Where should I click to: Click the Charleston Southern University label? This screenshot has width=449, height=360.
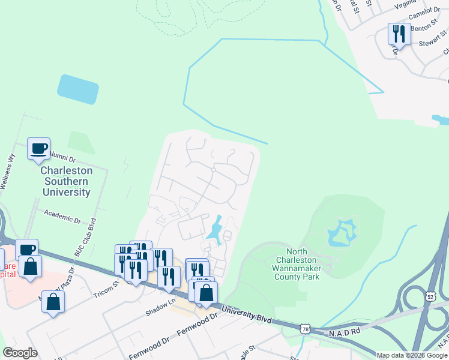[66, 181]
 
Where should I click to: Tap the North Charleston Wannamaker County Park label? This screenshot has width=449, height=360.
[297, 264]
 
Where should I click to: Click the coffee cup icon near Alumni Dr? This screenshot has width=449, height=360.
[39, 148]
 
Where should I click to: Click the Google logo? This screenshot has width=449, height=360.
[20, 353]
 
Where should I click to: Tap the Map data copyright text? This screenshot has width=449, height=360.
[412, 355]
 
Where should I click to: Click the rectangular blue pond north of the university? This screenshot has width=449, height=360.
[78, 89]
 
